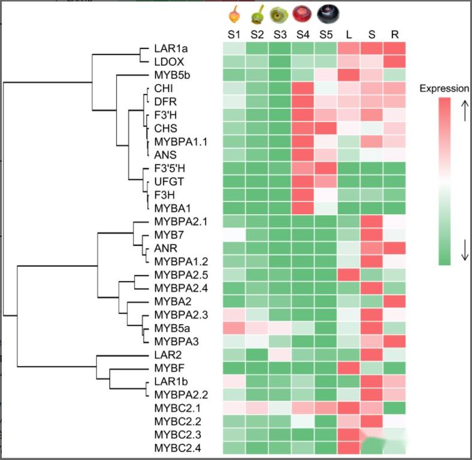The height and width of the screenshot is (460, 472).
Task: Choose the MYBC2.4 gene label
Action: pos(177,447)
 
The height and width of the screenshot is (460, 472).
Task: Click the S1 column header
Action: pos(234,34)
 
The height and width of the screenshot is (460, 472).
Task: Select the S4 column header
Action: pos(302,34)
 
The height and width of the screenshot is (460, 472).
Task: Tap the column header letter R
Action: pos(395,34)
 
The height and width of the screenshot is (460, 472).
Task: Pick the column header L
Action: pos(349,34)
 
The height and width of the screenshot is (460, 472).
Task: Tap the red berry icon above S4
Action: pos(302,14)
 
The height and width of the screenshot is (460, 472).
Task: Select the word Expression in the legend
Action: pos(444,89)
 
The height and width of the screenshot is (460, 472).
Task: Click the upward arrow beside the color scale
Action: pos(465,111)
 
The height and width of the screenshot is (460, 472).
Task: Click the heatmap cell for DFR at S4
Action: pos(302,102)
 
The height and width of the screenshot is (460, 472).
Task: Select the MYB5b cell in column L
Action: pos(349,75)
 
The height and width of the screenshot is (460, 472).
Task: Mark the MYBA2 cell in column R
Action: pos(395,301)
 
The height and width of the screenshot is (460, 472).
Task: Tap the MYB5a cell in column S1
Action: pos(234,328)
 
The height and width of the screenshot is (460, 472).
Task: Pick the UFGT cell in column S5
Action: pos(326,181)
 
